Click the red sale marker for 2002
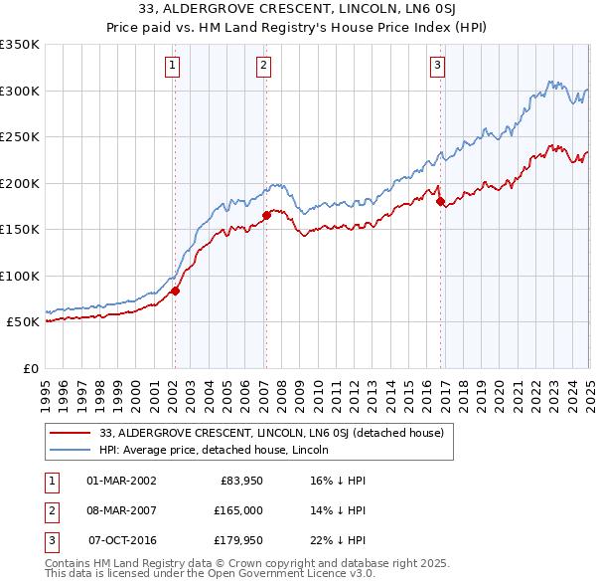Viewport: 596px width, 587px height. [x=175, y=291]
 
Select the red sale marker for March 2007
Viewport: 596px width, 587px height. [x=266, y=215]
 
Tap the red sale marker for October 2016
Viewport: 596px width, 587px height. [x=440, y=201]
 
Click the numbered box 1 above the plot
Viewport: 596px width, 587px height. [x=173, y=67]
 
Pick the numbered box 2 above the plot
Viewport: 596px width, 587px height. [x=264, y=67]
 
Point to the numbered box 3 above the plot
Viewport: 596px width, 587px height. [x=438, y=67]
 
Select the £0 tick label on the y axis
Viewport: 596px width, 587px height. [x=30, y=368]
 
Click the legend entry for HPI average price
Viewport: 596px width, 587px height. [x=214, y=451]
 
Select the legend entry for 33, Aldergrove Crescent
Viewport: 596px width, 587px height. [x=277, y=433]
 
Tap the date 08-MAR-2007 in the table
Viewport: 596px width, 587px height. [x=122, y=510]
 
